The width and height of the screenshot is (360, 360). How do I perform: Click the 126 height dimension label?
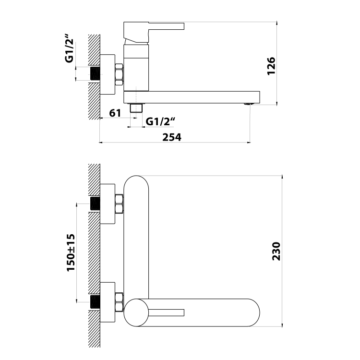271,66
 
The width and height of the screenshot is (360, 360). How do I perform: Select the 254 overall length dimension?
172,137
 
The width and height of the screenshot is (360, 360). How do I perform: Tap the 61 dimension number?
115,113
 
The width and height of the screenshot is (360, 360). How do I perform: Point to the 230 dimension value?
276,251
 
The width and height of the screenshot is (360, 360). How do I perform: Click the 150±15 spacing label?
71,252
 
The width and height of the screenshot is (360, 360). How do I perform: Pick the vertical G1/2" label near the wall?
69,48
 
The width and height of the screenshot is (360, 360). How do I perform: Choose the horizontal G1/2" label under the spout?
160,121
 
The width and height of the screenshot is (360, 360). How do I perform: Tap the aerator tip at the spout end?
249,104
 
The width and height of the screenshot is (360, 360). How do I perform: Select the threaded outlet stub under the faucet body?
136,108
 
